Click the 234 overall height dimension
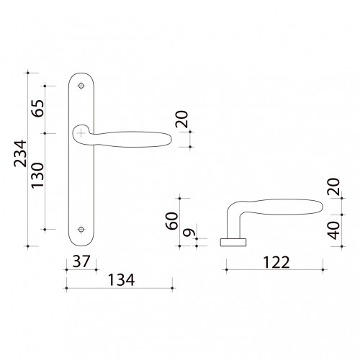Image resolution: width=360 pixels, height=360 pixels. coord(20,153)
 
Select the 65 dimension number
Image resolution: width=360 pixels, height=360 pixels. coord(38,108)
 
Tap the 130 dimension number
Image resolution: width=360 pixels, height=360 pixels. coord(37,176)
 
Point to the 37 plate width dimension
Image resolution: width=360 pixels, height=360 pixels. coord(81,261)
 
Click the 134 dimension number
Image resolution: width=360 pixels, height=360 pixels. coord(121,280)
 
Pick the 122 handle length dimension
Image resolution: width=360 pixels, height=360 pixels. coord(276,262)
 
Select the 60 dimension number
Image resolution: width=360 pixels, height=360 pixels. coord(172,221)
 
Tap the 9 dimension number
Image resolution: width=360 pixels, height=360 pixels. coord(189,233)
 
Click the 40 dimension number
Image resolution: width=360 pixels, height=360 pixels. coord(334,230)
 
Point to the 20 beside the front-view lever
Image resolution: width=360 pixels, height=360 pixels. coord(181,119)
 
